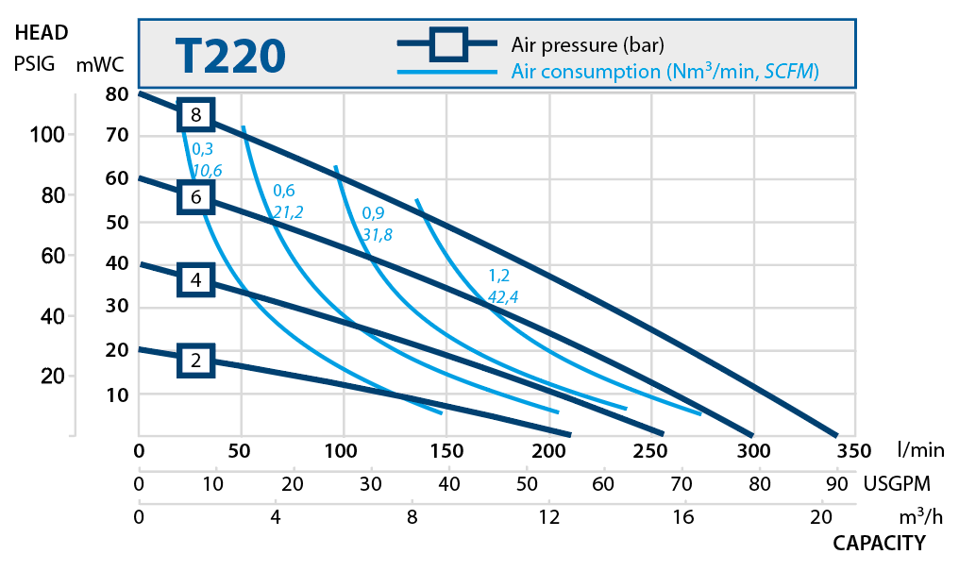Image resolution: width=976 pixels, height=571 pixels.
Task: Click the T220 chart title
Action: pos(229,56)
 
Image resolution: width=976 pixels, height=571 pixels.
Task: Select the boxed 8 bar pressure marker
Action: pos(196,115)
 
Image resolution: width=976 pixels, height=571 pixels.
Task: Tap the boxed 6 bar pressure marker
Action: pos(196,197)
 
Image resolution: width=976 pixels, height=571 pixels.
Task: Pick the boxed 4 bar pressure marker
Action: pos(196,279)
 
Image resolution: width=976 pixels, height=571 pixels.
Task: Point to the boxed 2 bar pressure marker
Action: pos(196,360)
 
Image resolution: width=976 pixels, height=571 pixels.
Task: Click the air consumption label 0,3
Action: pos(203,149)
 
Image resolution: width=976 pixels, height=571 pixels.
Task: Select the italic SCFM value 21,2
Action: pos(288,212)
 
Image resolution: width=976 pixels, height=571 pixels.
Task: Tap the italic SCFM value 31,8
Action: pos(377,234)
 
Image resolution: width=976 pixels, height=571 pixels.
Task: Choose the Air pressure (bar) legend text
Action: pos(587,43)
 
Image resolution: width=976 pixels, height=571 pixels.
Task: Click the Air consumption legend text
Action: pos(664,72)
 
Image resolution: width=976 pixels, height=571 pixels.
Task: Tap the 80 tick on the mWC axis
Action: pos(117,93)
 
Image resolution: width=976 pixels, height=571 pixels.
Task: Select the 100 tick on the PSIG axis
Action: pos(46,135)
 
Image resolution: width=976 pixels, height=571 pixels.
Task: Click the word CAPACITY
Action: pos(878,543)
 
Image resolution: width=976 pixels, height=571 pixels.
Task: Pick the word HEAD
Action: pos(42,33)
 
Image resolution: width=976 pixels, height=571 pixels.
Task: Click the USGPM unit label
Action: pos(898,484)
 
